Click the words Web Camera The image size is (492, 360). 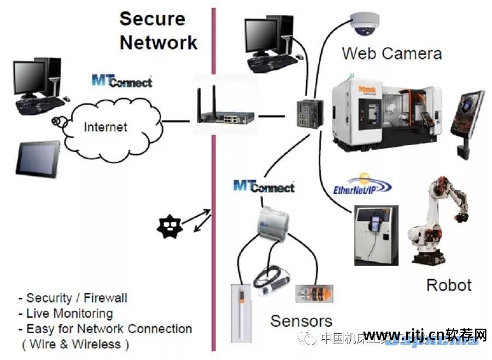coord(391,53)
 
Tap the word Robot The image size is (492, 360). coord(448,285)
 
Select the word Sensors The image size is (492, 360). coord(301,321)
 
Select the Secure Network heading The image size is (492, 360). coord(158,30)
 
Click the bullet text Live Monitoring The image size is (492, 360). coord(69,314)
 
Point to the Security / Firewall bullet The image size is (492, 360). coord(76,298)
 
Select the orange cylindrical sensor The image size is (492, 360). coord(309,293)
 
